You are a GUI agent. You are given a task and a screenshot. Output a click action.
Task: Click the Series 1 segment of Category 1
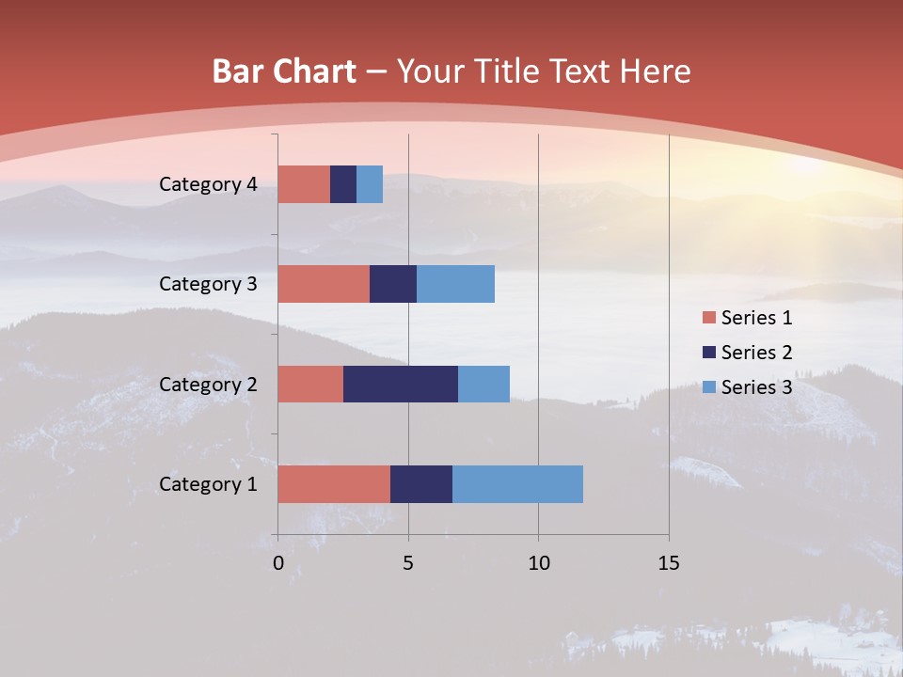pos(334,483)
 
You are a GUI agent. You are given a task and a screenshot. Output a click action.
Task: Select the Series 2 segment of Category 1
pos(421,483)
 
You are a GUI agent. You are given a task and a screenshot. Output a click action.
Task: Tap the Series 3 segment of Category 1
pos(517,483)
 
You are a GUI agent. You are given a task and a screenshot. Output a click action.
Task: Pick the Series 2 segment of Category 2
pos(401,384)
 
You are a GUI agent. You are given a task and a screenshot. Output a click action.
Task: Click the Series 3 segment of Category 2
pos(483,384)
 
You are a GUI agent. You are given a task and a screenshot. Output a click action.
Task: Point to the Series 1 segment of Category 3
pos(324,283)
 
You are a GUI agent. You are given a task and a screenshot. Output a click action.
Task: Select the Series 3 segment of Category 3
pos(455,283)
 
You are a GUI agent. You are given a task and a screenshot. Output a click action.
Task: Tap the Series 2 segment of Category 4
pos(343,183)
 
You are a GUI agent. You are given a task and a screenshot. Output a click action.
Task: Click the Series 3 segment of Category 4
pos(370,183)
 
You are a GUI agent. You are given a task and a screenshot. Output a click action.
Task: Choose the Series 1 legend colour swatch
pos(707,318)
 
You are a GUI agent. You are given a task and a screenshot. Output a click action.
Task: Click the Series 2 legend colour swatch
pos(707,353)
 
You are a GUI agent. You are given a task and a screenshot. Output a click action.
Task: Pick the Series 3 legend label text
pos(756,387)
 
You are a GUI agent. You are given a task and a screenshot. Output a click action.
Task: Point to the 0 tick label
pos(278,563)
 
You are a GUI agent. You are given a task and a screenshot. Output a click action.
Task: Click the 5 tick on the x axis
pos(408,563)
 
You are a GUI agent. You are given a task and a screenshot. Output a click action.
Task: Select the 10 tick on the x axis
pos(538,563)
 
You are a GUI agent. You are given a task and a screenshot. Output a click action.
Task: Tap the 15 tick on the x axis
pos(668,563)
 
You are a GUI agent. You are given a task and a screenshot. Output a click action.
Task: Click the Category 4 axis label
pos(208,184)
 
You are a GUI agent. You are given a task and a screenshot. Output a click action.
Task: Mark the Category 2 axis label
pos(208,385)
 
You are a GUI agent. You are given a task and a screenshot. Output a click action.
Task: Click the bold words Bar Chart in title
pos(284,71)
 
